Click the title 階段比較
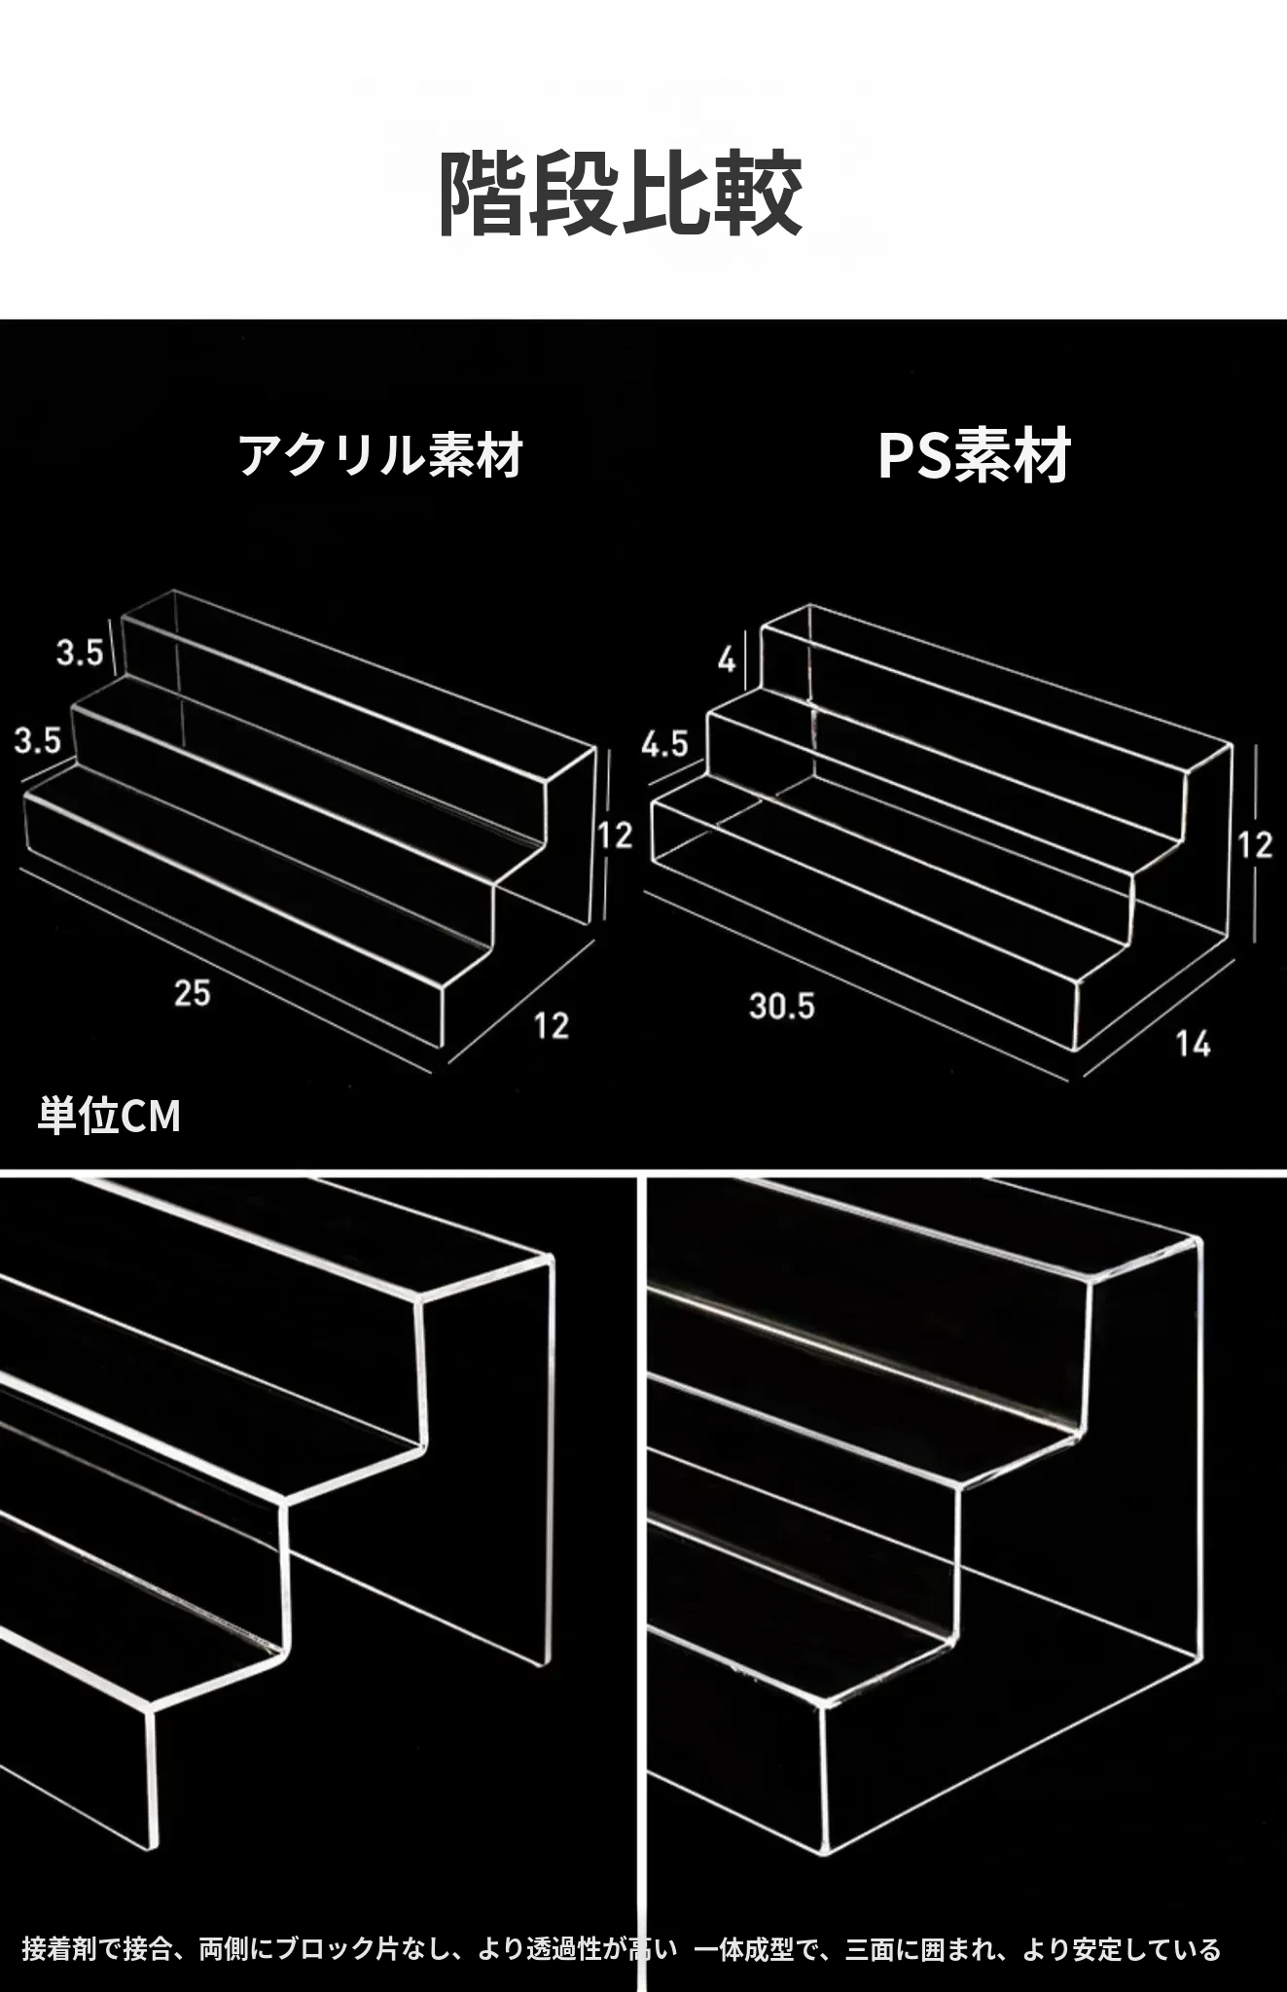621,194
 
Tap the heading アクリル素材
381,455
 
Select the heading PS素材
974,455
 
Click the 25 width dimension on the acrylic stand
193,993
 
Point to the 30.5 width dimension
782,1006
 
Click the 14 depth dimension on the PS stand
1193,1044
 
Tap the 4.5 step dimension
664,744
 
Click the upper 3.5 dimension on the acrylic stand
80,652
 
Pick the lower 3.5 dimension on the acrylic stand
38,740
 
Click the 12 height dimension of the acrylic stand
615,835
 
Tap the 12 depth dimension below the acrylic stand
552,1025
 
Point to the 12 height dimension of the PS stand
1255,843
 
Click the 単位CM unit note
109,1116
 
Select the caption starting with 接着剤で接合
349,1949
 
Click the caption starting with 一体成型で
957,1949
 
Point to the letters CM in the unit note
152,1117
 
